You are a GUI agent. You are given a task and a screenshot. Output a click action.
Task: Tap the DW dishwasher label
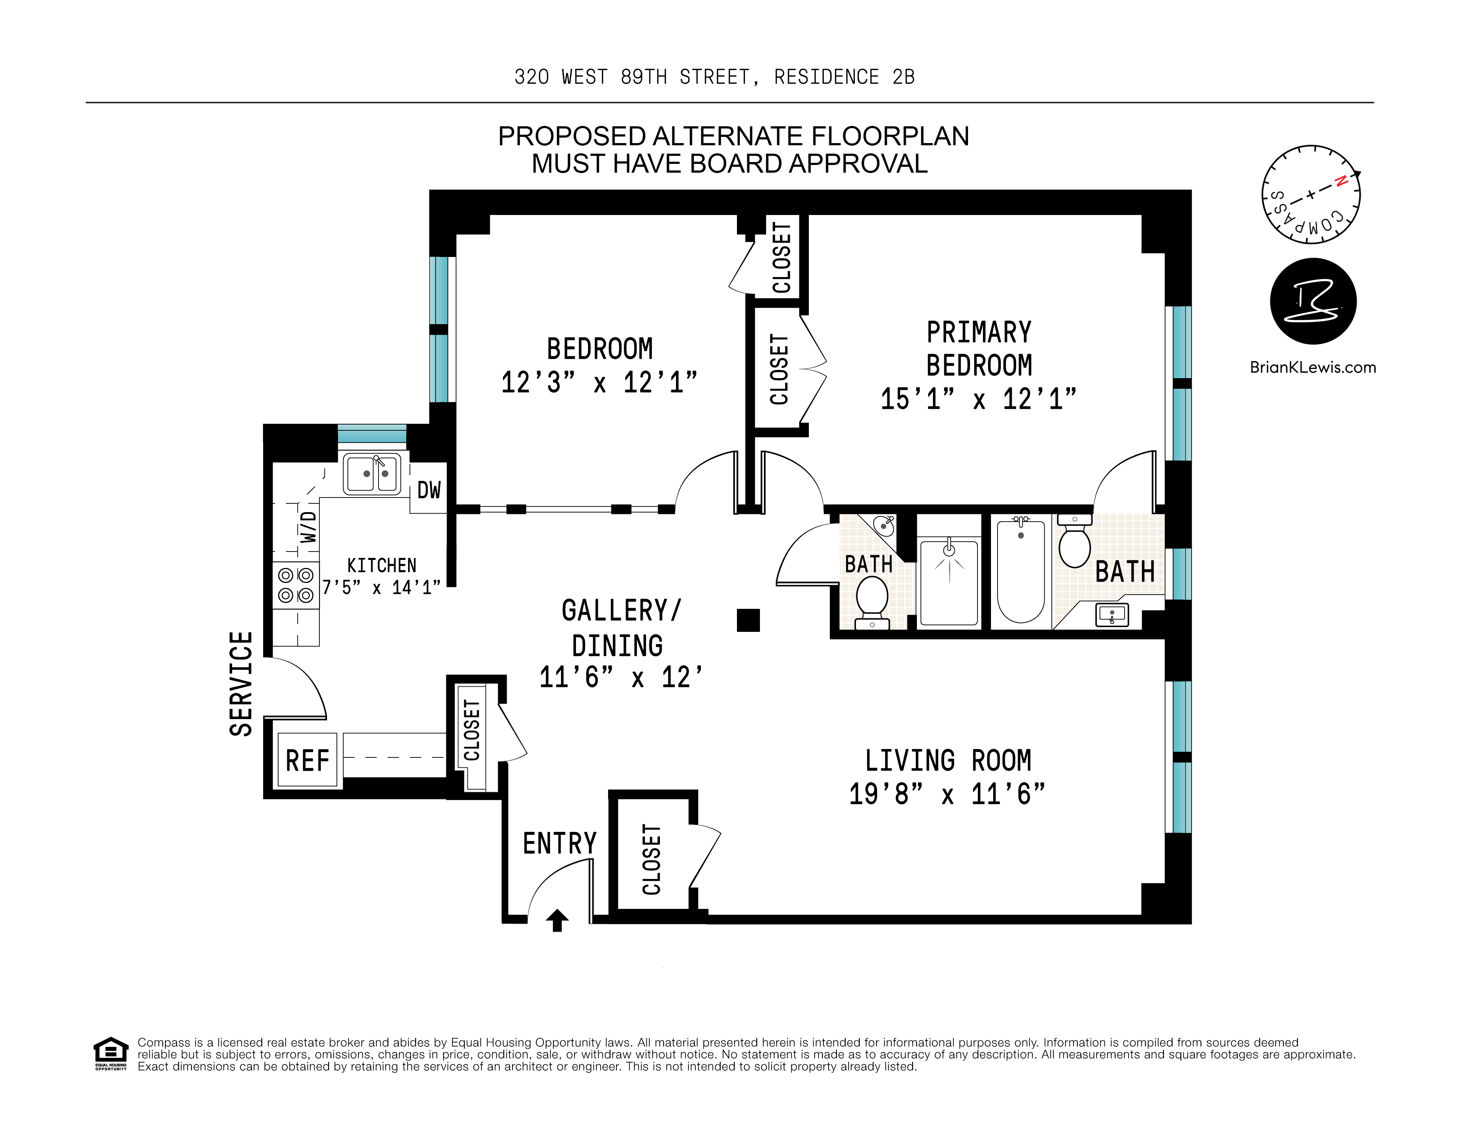(x=429, y=490)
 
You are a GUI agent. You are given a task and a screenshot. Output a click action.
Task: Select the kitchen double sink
(x=372, y=474)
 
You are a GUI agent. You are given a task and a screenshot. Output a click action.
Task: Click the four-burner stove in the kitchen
(x=296, y=585)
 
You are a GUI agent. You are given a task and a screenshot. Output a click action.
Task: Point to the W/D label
(x=307, y=527)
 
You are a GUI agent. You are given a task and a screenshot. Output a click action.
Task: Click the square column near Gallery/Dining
(x=748, y=620)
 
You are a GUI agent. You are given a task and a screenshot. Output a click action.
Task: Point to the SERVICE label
(x=241, y=684)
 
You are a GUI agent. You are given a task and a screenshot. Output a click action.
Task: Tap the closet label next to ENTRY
(x=651, y=860)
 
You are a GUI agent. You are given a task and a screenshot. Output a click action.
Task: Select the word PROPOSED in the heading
(x=572, y=137)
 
